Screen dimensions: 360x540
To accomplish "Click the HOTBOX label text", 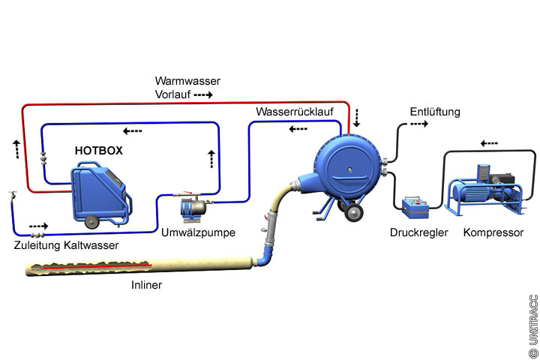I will (99, 151).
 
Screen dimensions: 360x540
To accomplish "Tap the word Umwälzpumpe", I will (198, 232).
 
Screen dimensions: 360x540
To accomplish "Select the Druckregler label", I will (418, 232).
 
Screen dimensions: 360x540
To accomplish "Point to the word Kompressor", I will (493, 232).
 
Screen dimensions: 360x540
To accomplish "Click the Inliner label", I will (146, 285).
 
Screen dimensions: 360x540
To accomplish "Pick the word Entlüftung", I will (435, 112).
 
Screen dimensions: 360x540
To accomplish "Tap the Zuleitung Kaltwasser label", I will (66, 244).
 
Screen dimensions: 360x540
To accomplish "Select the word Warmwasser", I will (187, 80).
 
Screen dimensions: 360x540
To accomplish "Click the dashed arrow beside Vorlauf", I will (203, 95).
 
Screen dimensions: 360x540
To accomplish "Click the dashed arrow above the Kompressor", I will (490, 142).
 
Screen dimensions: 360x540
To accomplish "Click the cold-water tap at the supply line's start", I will (11, 196).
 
